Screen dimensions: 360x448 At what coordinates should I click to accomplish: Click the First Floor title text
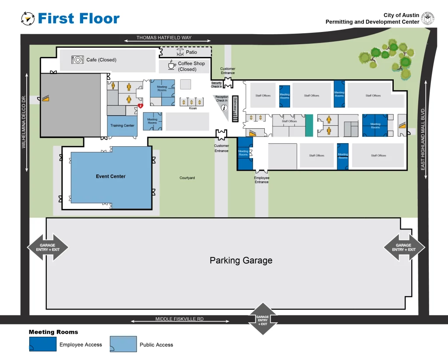tap(78, 18)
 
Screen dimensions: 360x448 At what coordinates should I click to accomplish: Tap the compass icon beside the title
tap(28, 18)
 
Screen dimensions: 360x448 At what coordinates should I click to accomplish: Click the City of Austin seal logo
tap(427, 18)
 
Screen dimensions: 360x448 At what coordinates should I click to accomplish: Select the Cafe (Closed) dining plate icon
tap(77, 60)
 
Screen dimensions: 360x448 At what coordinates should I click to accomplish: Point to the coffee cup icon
tap(172, 66)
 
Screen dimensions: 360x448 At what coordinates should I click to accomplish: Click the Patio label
tap(191, 52)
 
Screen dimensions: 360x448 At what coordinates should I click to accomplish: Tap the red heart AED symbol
tap(140, 106)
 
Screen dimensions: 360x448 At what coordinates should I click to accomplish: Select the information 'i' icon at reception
tap(224, 107)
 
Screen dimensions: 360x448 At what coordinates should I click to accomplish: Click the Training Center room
tap(122, 126)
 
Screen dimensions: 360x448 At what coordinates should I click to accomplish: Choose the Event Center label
tap(111, 176)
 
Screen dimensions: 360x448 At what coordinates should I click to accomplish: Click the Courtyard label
tap(187, 178)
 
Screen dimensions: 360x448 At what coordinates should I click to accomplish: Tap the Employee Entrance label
tap(262, 180)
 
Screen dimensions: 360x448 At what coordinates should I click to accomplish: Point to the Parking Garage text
tap(241, 261)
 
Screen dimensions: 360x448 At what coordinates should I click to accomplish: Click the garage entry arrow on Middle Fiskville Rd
tap(262, 319)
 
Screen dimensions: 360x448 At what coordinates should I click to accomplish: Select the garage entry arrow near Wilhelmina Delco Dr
tap(48, 247)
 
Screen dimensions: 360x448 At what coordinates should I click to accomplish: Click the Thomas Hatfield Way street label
tap(164, 38)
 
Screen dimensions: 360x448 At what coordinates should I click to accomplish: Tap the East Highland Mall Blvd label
tap(423, 143)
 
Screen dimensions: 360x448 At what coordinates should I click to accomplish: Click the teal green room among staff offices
tap(309, 125)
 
